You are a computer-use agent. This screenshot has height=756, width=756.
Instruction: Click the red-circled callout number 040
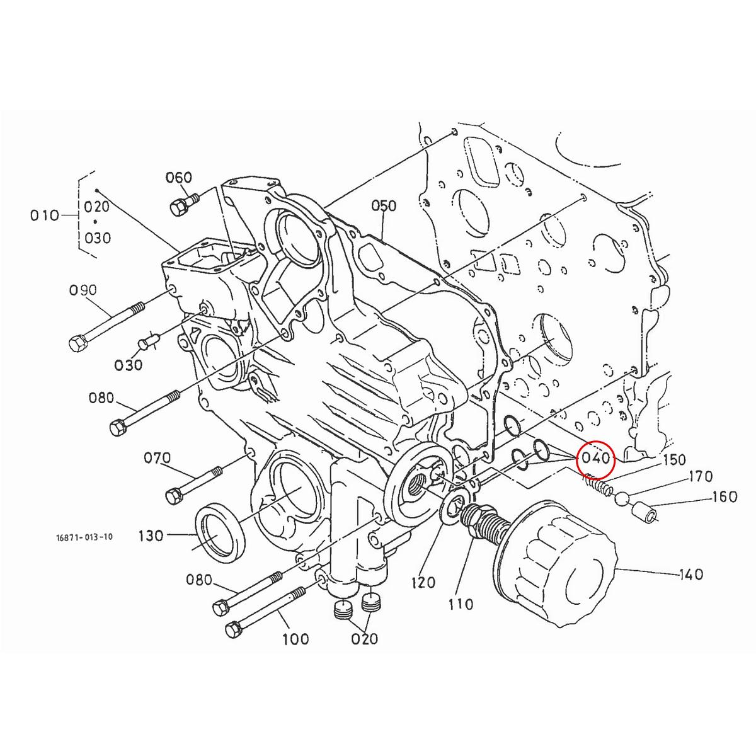pyautogui.click(x=595, y=458)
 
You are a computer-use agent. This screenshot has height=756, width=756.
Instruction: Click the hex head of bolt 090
pyautogui.click(x=77, y=343)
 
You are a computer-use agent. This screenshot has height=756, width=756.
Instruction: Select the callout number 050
pyautogui.click(x=383, y=206)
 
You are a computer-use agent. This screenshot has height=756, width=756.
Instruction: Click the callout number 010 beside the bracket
pyautogui.click(x=45, y=215)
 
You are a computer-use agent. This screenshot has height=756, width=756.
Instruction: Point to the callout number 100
pyautogui.click(x=295, y=639)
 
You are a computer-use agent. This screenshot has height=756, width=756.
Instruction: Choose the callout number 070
pyautogui.click(x=157, y=458)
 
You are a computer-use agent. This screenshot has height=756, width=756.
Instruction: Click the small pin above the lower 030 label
pyautogui.click(x=149, y=343)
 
